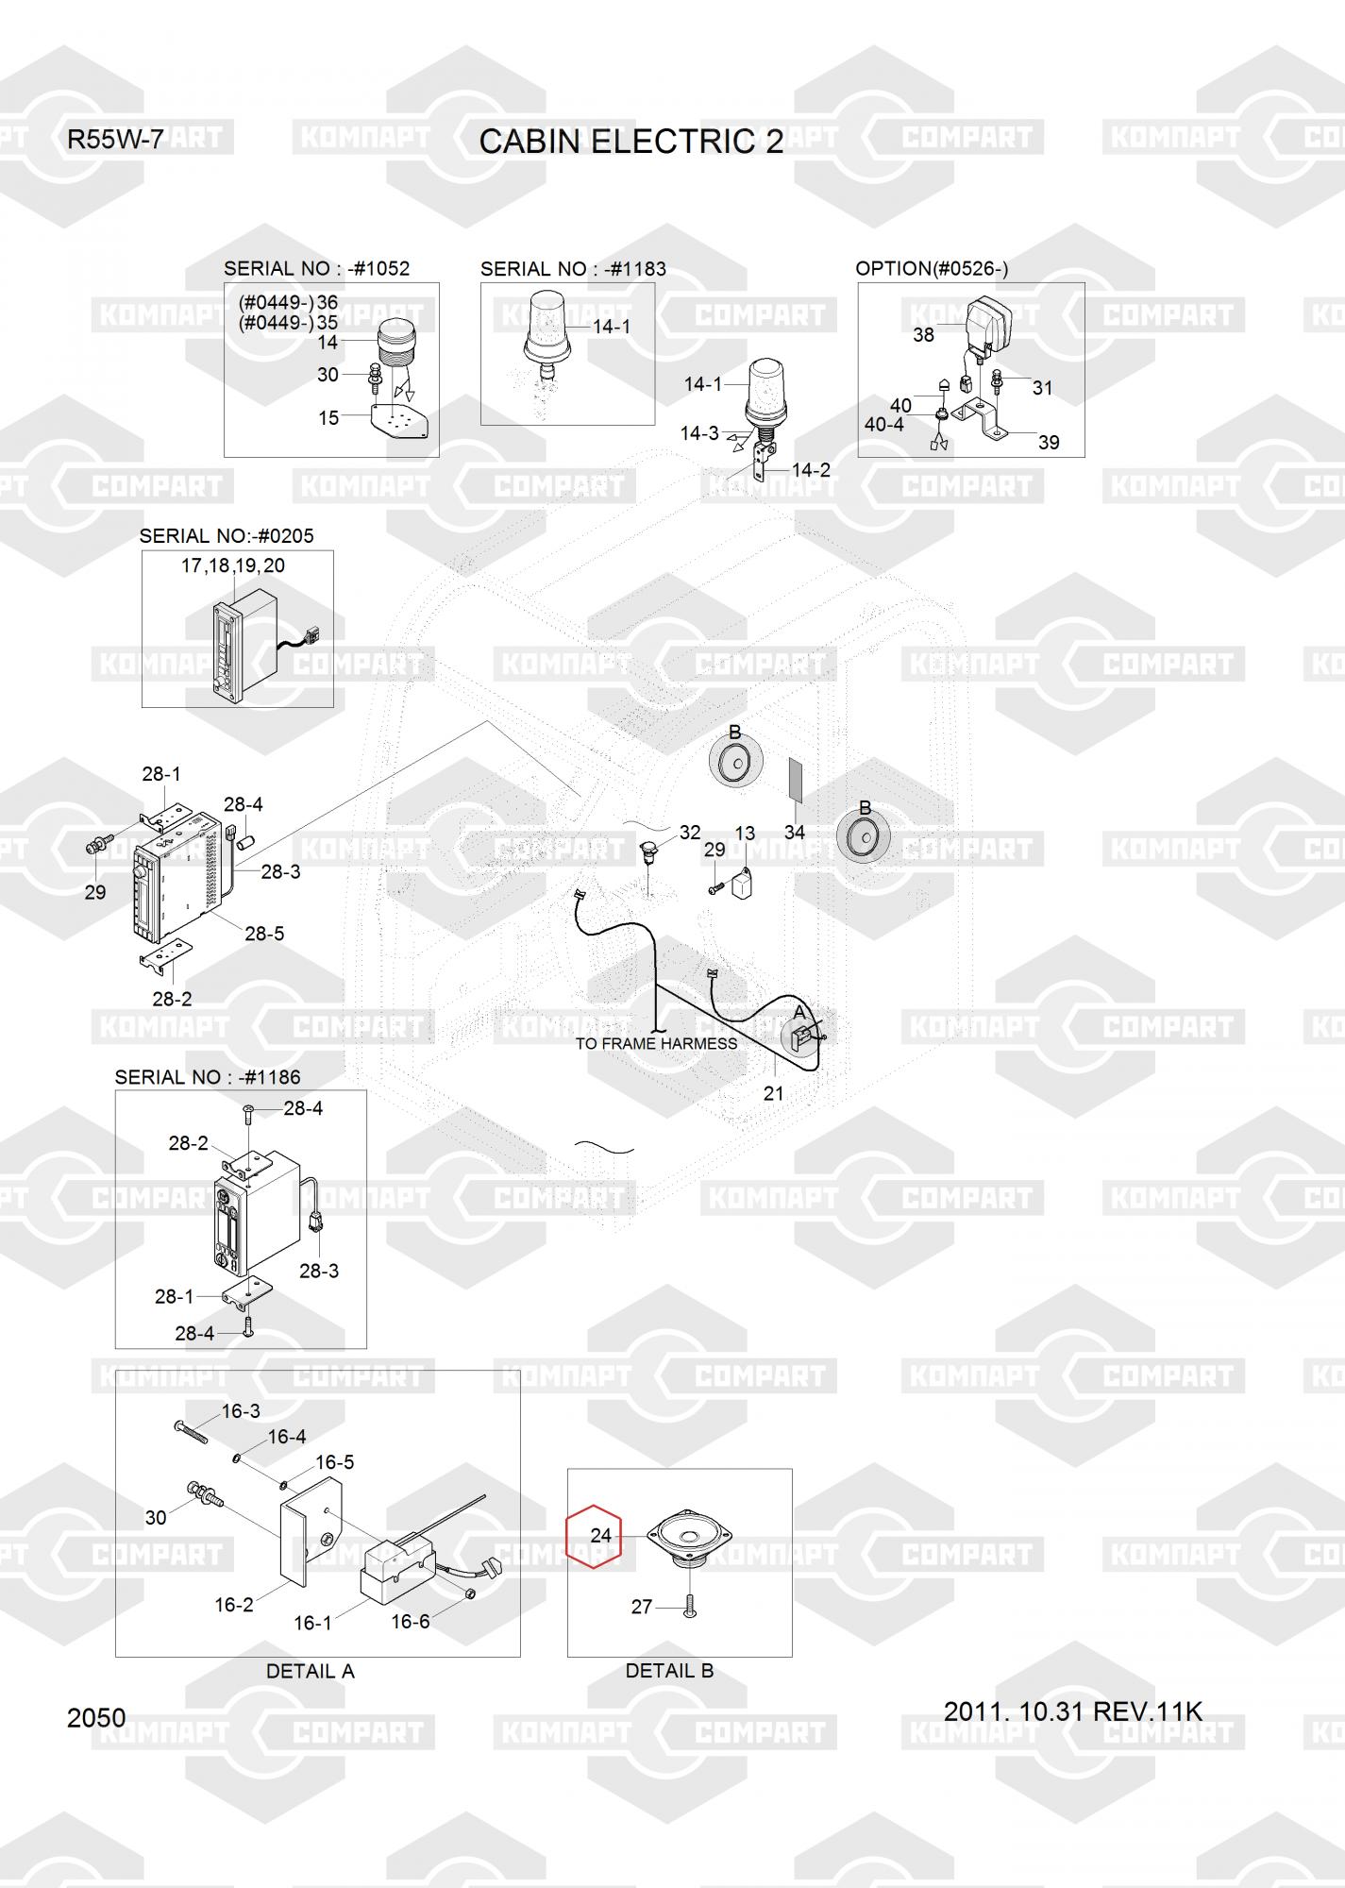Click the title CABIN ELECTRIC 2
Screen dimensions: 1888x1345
pos(630,142)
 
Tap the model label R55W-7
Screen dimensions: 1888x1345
pos(115,140)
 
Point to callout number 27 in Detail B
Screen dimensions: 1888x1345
pos(641,1607)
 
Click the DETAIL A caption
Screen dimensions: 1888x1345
pos(310,1671)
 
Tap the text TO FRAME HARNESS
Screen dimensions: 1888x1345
pos(656,1043)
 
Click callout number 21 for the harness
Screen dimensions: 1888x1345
pos(773,1093)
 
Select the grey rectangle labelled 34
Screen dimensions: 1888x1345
pos(795,779)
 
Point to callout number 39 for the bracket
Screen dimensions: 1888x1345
pos(1048,442)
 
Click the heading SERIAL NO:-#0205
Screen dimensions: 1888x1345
pos(227,535)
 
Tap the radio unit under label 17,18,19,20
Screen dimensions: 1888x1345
pos(244,647)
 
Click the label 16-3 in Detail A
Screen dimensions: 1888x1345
pos(241,1411)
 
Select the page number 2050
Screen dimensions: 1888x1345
pos(96,1717)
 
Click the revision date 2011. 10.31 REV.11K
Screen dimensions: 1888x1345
pos(1072,1711)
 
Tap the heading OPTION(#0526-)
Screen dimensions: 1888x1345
pos(932,268)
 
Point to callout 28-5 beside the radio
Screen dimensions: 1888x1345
pos(264,934)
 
